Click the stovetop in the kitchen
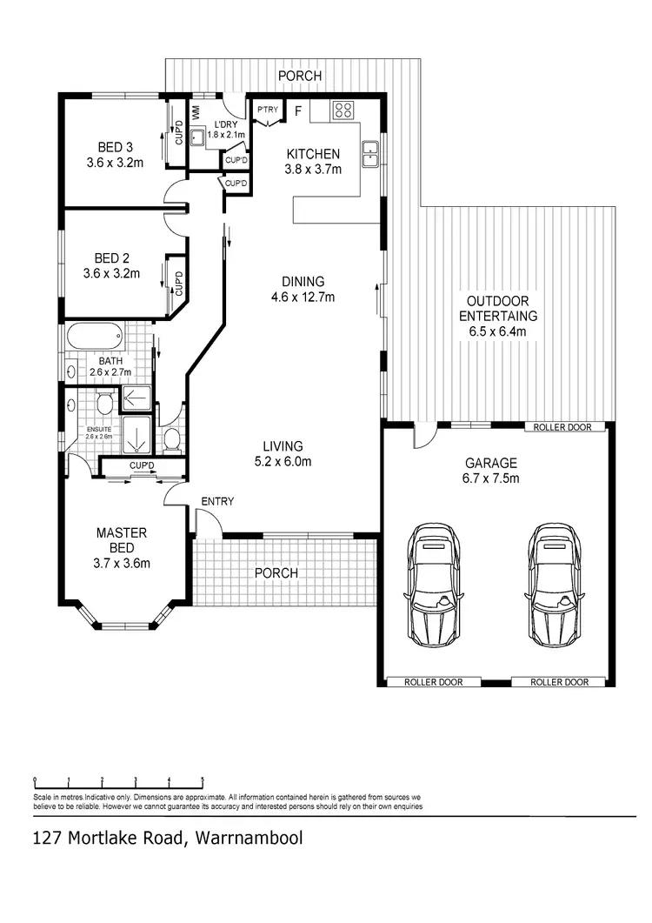(343, 110)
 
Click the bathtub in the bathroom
(95, 336)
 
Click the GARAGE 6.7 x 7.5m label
(490, 471)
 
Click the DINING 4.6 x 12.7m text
(303, 289)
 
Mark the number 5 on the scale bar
(203, 779)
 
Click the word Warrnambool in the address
(249, 839)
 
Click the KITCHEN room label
(313, 161)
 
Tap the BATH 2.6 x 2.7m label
(110, 366)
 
